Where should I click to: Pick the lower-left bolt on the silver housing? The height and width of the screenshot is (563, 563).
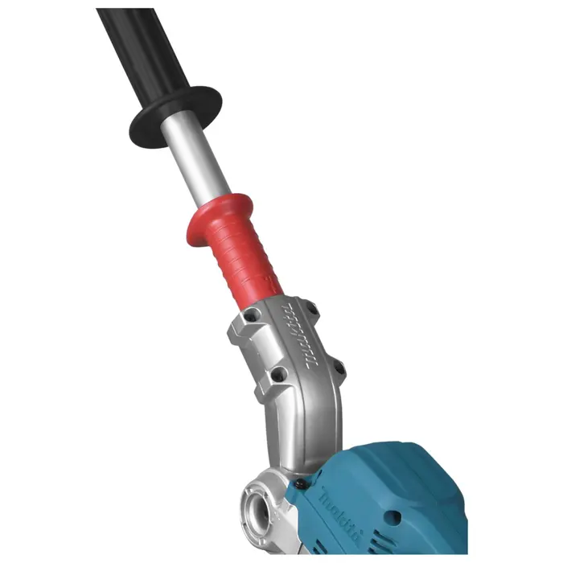pos(277,373)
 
